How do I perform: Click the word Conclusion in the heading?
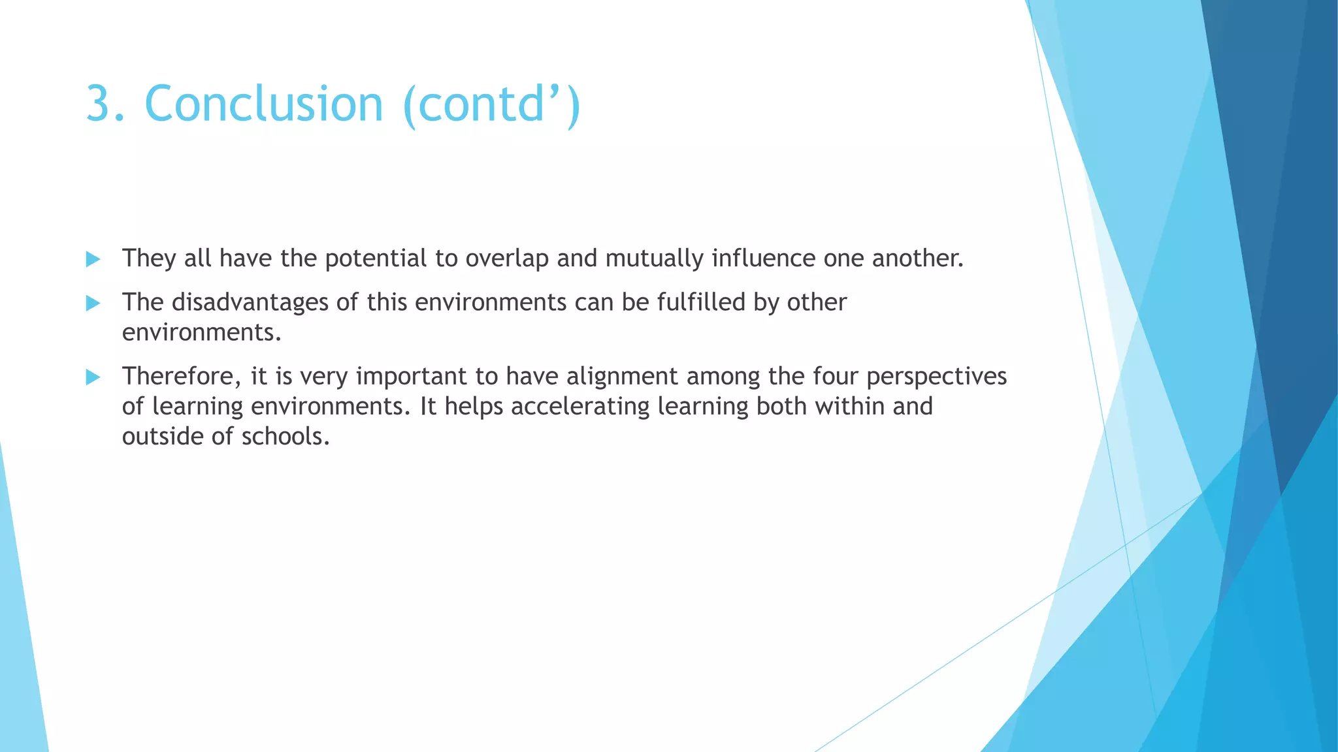[x=263, y=104]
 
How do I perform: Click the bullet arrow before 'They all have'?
[x=93, y=259]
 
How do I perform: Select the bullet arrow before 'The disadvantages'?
[x=93, y=303]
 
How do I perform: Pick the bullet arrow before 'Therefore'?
[x=93, y=377]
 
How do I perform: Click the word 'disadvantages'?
[x=250, y=302]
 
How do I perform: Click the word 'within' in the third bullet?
[x=850, y=406]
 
